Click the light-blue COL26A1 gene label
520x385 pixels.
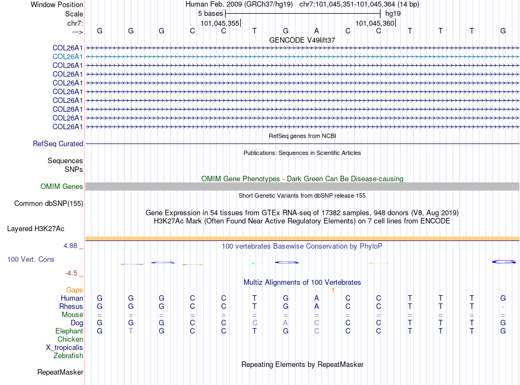tap(67, 56)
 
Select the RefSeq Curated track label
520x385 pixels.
tap(58, 144)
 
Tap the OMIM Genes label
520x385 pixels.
tap(62, 187)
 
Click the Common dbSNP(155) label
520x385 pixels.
tap(48, 204)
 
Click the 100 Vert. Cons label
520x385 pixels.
tap(31, 259)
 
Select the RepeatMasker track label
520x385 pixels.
tap(60, 372)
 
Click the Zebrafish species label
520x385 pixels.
tap(68, 356)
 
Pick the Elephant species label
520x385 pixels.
tap(69, 331)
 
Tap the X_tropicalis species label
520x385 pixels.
tap(65, 348)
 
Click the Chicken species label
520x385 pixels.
tap(71, 340)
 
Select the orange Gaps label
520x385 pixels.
tap(74, 290)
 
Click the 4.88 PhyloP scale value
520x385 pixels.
tap(70, 246)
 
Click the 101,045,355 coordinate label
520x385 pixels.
tap(219, 24)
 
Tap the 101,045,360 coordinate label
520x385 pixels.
tap(374, 24)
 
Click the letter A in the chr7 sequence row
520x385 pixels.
tap(316, 31)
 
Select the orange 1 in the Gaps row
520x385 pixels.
tap(333, 290)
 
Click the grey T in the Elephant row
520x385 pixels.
tap(130, 331)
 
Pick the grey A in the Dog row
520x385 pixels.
tap(286, 323)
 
